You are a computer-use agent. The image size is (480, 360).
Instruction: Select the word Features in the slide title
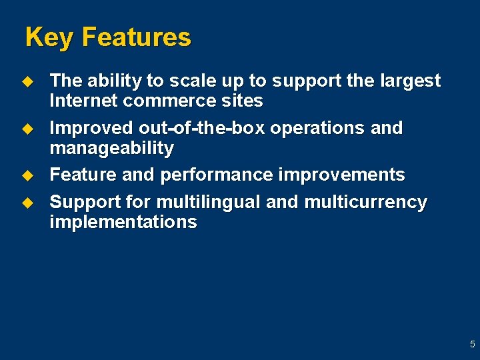(136, 37)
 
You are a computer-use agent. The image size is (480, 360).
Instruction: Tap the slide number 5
(472, 345)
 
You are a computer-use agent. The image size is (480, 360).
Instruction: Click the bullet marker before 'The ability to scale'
(27, 81)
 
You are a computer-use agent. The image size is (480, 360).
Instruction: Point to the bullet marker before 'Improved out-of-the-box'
(27, 128)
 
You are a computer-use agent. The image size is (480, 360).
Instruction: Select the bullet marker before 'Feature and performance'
(27, 175)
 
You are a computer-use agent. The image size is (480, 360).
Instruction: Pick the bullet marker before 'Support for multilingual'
(27, 202)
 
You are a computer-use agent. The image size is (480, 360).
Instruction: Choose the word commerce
(170, 101)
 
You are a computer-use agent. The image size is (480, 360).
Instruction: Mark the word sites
(244, 101)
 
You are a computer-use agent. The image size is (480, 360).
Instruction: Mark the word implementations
(123, 222)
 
